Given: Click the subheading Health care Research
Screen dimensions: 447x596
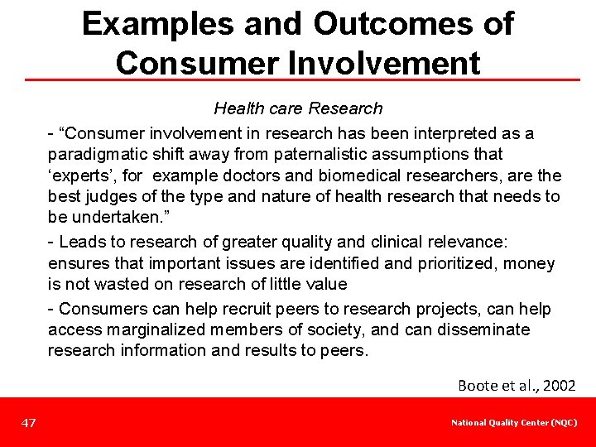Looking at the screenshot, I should pyautogui.click(x=298, y=108).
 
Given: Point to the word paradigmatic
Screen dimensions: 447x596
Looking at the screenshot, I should pyautogui.click(x=94, y=154).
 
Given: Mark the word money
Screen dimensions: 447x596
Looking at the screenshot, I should pyautogui.click(x=532, y=263).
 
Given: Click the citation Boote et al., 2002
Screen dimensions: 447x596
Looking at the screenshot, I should pyautogui.click(x=517, y=385).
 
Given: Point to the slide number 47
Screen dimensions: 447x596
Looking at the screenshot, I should pyautogui.click(x=29, y=423).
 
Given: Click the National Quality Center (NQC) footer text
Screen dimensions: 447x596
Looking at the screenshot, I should pyautogui.click(x=514, y=423).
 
